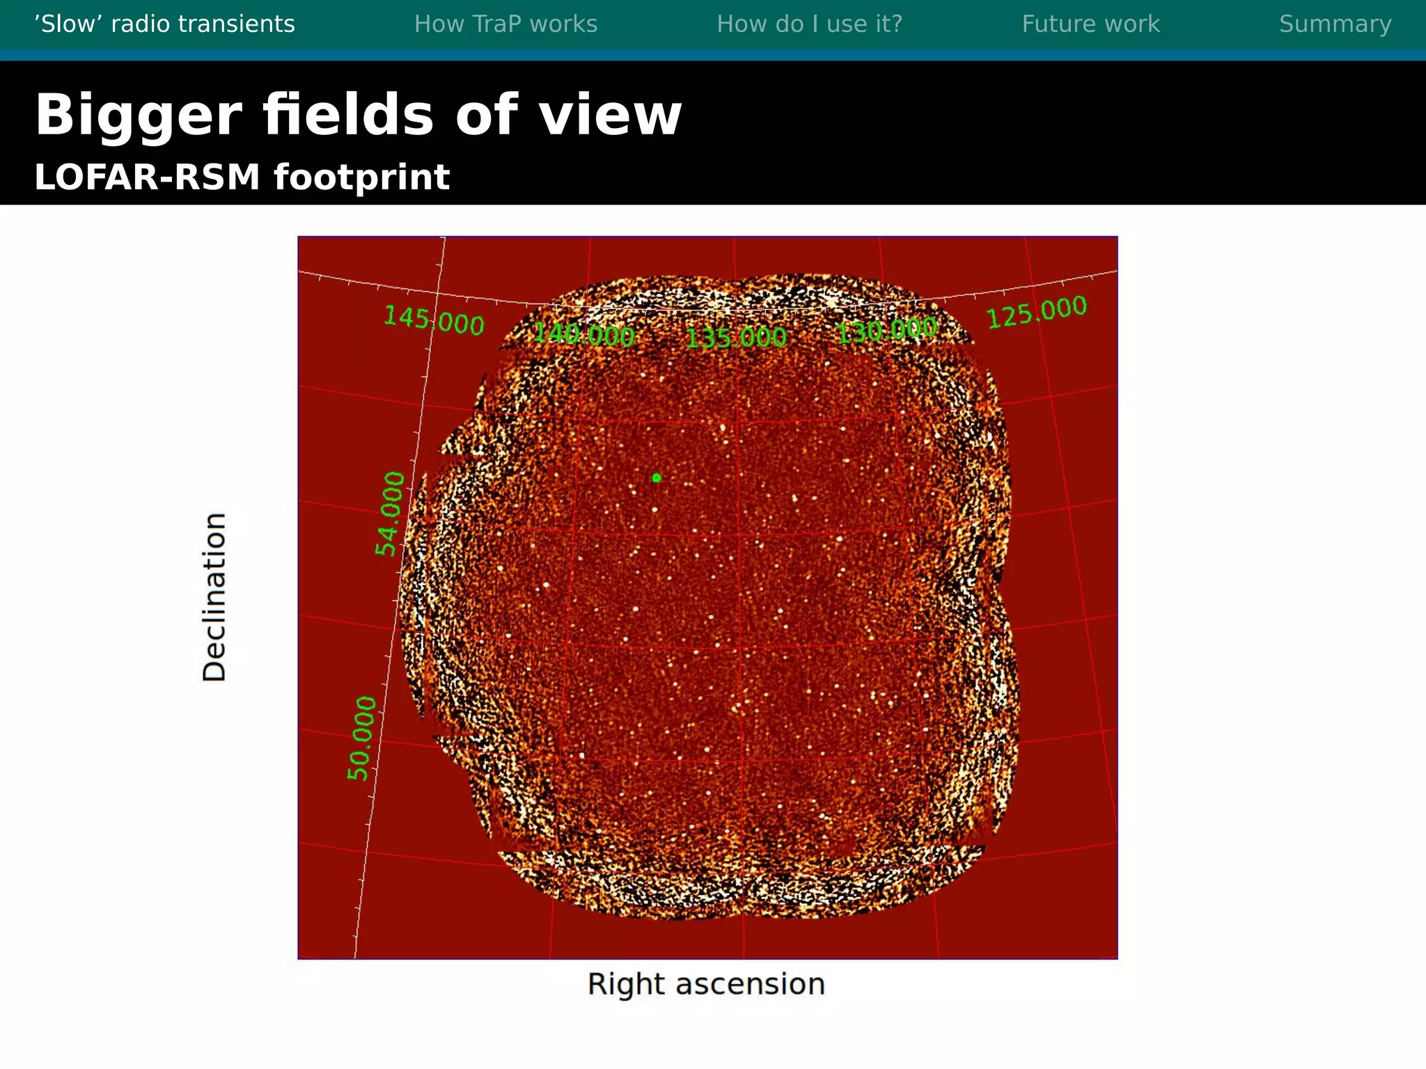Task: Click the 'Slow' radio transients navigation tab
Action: [164, 24]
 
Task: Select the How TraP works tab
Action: [506, 24]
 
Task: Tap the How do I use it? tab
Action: [809, 24]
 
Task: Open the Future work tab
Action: [1090, 24]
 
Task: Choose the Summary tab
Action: [1335, 24]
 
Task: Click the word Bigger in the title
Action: [138, 116]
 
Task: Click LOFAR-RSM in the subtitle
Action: [147, 177]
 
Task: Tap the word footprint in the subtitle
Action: [361, 178]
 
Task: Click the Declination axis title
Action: [214, 597]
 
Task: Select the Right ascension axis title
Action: [706, 984]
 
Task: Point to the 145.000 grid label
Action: [434, 321]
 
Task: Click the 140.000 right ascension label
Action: [583, 335]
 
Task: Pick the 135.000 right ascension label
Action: [736, 338]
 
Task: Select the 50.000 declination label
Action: [362, 738]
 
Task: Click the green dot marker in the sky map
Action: [656, 477]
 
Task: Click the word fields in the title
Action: [347, 116]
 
